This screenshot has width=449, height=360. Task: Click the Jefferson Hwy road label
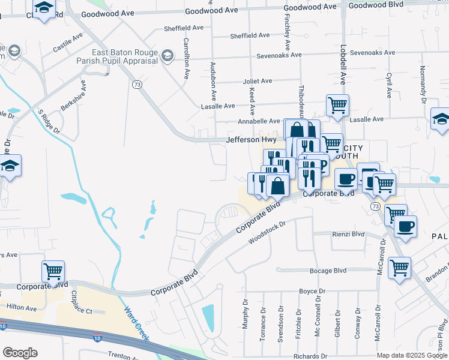pos(251,139)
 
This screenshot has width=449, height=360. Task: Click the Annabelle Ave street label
pos(259,121)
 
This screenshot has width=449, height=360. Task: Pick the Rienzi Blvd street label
pos(348,234)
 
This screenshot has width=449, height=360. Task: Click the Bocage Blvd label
pos(328,271)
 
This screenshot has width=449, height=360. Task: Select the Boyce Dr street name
pos(312,291)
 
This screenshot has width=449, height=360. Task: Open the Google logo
pos(20,352)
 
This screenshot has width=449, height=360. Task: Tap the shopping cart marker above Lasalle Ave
pos(337,106)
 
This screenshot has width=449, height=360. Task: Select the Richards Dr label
pos(310,356)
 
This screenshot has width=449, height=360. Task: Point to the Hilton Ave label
pos(22,308)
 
